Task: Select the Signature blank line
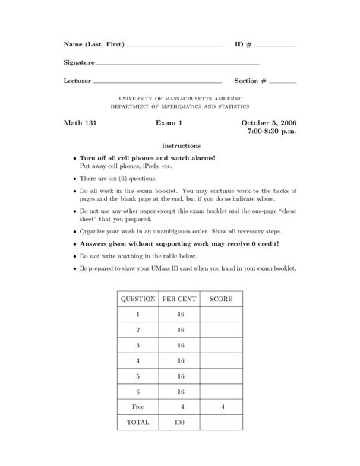[178, 63]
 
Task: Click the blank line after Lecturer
[157, 81]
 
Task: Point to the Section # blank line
[283, 81]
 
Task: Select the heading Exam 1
[170, 122]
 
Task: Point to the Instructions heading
[181, 145]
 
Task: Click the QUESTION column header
[137, 299]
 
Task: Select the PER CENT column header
[180, 299]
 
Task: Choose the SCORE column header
[222, 299]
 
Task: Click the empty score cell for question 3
[222, 344]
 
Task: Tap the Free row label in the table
[137, 407]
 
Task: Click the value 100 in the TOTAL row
[180, 422]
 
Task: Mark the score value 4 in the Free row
[222, 407]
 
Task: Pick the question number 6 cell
[137, 391]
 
